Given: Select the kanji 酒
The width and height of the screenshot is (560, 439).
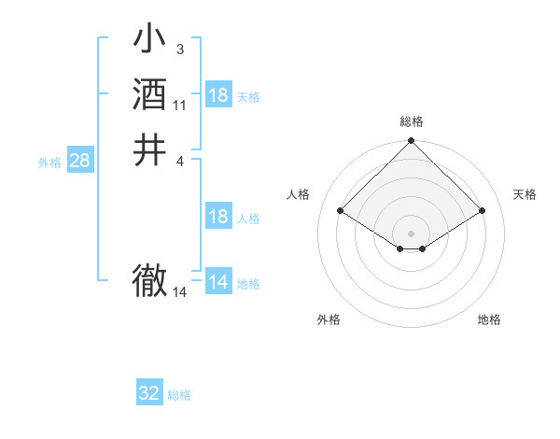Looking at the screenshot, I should pos(149,95).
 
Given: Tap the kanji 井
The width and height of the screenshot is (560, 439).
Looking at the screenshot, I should pos(149,150).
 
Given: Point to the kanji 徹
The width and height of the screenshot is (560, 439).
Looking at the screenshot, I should pos(149,279).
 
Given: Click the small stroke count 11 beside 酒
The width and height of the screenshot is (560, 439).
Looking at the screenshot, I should pos(180,106).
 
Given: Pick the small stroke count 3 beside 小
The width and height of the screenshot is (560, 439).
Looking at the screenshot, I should pos(179,49).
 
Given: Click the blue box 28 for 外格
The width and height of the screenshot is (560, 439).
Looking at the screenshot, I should pos(79,161).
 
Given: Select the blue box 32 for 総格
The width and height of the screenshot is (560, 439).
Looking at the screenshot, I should pos(149,393).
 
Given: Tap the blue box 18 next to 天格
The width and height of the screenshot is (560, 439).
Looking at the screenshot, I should pos(218,95).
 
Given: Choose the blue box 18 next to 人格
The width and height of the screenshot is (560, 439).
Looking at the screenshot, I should pos(218,217).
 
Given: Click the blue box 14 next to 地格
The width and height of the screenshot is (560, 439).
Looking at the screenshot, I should pos(218,282).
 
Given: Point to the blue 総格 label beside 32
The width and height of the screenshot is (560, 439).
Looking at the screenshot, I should pos(180,395).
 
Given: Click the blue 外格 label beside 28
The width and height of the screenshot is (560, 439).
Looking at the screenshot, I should pos(49,162).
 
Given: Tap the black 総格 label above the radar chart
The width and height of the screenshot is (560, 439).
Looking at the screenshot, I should pos(412,121).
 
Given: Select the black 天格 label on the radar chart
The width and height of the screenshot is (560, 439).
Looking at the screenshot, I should pos(525,194).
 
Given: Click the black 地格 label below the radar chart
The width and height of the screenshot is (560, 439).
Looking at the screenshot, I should pos(489,319).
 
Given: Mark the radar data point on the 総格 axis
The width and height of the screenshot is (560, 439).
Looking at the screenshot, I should pos(412,142).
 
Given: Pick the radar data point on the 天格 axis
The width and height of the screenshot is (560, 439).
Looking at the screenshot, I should pos(483,212).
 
